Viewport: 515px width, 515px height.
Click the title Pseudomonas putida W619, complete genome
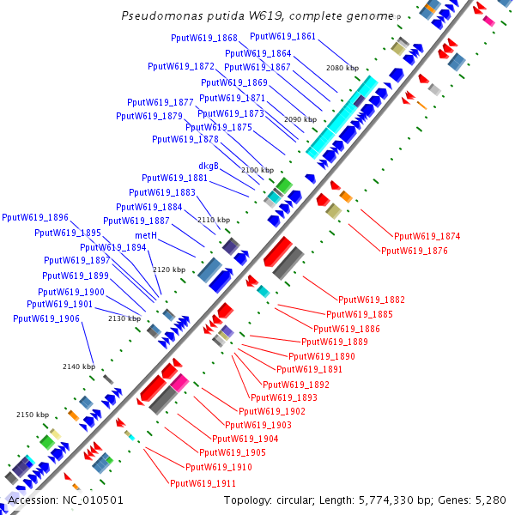tap(257, 15)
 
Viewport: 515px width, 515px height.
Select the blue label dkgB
tap(209, 166)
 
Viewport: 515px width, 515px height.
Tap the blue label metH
tap(145, 234)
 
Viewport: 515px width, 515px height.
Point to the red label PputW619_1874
tap(427, 236)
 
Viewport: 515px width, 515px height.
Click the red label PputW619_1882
tap(372, 300)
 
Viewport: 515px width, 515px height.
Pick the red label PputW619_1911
tap(203, 483)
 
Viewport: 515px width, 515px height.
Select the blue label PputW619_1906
tap(46, 318)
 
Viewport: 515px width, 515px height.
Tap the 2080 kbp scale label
tap(342, 68)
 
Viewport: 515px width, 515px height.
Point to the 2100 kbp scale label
tap(257, 170)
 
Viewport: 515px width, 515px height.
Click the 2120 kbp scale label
tap(169, 270)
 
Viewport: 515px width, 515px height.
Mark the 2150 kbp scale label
tap(33, 415)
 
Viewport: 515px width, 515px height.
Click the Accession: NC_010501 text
tap(65, 500)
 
